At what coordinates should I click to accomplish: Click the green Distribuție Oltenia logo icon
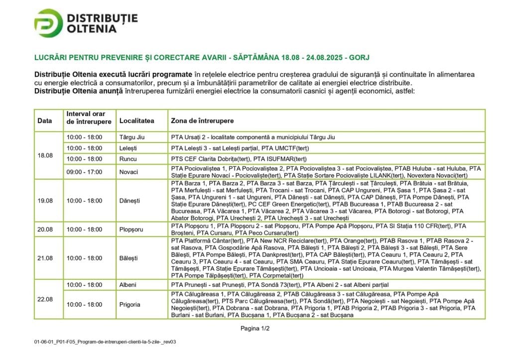tap(48, 23)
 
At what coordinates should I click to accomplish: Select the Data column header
tap(44, 121)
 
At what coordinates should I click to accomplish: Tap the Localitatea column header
tap(136, 121)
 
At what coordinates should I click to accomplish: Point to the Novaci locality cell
tap(128, 172)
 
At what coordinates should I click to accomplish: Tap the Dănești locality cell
tap(129, 200)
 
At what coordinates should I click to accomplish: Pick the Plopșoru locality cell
tap(131, 230)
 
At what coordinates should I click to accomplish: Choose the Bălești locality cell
tap(129, 258)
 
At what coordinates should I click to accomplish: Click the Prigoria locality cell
tap(129, 304)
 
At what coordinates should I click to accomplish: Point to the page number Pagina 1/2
tap(255, 328)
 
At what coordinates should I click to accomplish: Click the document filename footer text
tap(106, 343)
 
